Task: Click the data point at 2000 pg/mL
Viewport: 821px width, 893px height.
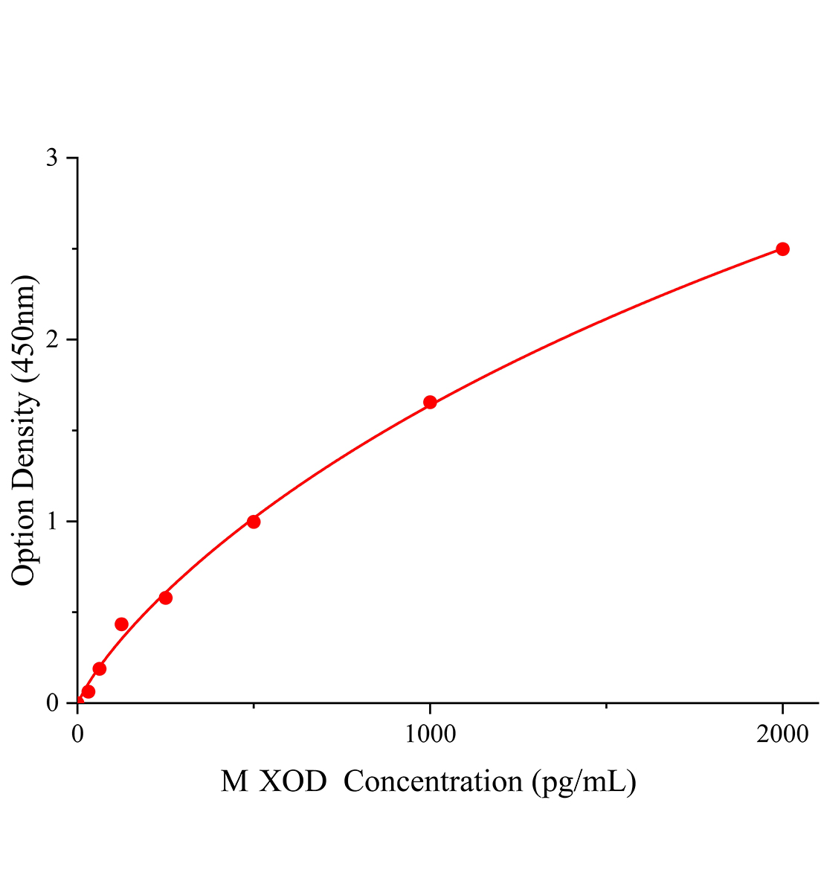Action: tap(782, 249)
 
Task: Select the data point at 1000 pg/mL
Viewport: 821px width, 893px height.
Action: tap(430, 403)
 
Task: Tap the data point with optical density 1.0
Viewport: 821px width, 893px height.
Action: tap(254, 522)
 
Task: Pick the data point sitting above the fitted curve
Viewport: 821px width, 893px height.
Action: tap(121, 624)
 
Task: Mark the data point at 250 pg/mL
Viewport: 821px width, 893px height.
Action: tap(165, 598)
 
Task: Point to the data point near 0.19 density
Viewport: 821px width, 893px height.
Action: tap(100, 668)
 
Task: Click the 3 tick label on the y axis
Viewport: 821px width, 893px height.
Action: tap(52, 159)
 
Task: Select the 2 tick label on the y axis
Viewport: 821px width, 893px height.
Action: tap(52, 340)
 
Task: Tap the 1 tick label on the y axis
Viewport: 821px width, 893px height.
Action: tap(52, 522)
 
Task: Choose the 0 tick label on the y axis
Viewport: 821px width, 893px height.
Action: tap(52, 703)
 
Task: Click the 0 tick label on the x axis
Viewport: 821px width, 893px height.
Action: tap(78, 734)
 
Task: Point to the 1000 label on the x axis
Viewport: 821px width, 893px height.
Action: tap(430, 734)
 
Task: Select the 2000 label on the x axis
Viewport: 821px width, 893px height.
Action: tap(782, 734)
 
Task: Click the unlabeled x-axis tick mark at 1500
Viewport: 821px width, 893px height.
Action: tap(606, 705)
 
